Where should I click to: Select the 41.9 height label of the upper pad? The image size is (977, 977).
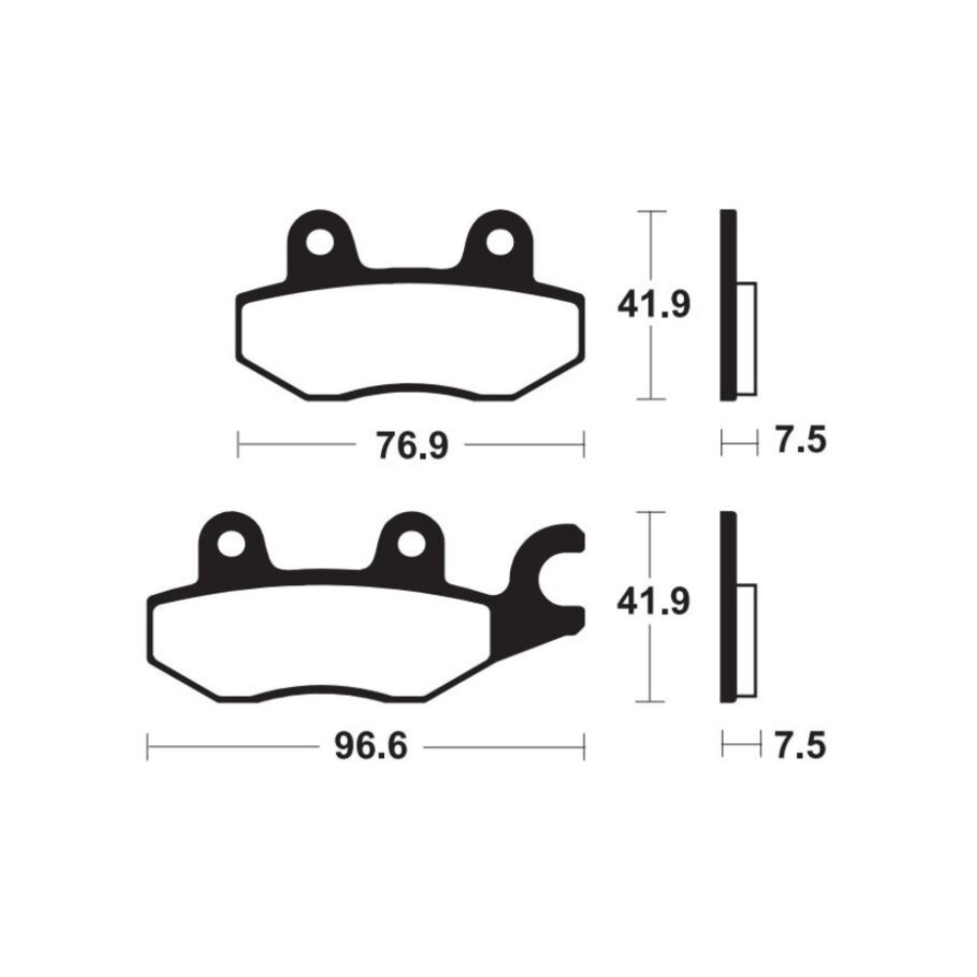pyautogui.click(x=653, y=306)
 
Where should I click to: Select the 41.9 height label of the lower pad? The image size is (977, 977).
pyautogui.click(x=653, y=603)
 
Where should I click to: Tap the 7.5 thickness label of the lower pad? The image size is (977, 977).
pyautogui.click(x=801, y=746)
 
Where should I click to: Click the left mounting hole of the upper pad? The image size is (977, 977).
pyautogui.click(x=319, y=239)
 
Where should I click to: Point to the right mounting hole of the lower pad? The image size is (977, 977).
pyautogui.click(x=410, y=541)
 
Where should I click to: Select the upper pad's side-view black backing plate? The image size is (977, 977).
pyautogui.click(x=726, y=305)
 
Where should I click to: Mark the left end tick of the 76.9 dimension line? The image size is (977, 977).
pyautogui.click(x=239, y=446)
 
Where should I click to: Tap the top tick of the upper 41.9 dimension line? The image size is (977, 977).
pyautogui.click(x=651, y=211)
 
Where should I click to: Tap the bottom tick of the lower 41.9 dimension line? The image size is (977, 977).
pyautogui.click(x=651, y=701)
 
